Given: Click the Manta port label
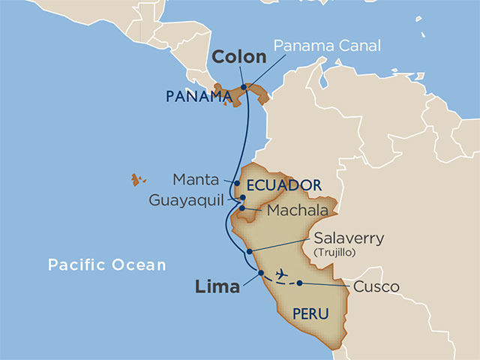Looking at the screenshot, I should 196,180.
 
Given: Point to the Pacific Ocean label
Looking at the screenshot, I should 106,265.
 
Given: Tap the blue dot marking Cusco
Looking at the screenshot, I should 300,283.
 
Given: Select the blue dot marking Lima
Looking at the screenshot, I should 261,272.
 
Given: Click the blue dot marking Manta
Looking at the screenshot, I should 236,183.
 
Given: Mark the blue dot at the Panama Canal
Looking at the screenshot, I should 244,87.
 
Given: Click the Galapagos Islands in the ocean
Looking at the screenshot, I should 137,179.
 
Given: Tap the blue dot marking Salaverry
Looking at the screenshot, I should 249,250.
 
